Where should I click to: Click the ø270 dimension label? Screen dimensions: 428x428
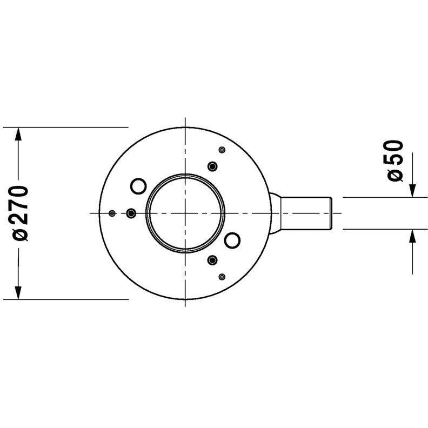tap(21, 213)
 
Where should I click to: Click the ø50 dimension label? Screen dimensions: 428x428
tap(395, 160)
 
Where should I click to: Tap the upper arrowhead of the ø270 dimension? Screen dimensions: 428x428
tap(18, 134)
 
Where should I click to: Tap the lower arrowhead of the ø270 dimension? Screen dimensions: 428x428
tap(18, 292)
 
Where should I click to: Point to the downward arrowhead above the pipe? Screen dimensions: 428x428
tap(412, 191)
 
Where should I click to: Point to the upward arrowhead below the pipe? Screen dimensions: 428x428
tap(412, 236)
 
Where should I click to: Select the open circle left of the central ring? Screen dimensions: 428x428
tap(139, 186)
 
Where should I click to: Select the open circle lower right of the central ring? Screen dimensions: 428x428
tap(232, 240)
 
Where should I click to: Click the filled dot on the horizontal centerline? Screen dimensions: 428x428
tap(131, 213)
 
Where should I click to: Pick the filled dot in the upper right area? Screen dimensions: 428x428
tap(212, 166)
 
